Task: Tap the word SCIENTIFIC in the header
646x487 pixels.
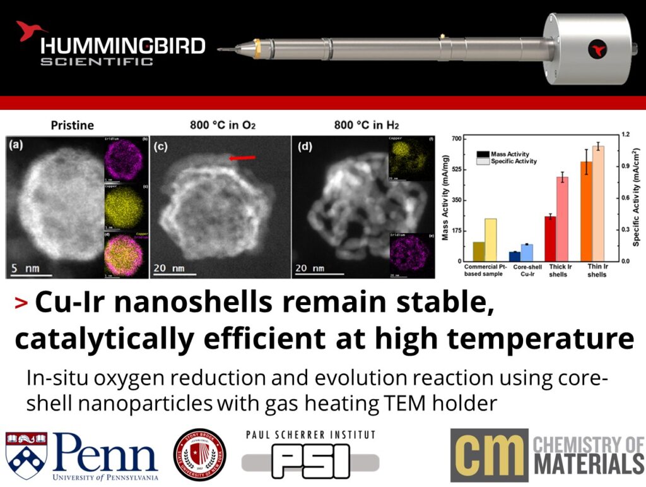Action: pyautogui.click(x=97, y=61)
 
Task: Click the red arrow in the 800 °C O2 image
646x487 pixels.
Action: pyautogui.click(x=243, y=159)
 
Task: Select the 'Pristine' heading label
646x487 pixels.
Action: pyautogui.click(x=72, y=125)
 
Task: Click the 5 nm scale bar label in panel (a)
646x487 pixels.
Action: pyautogui.click(x=26, y=268)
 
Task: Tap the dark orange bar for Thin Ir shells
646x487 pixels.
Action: pyautogui.click(x=587, y=211)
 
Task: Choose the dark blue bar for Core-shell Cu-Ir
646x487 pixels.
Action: pyautogui.click(x=515, y=256)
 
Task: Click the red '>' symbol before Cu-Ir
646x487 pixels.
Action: pyautogui.click(x=21, y=304)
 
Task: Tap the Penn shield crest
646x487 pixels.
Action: pyautogui.click(x=26, y=454)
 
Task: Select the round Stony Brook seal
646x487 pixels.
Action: pyautogui.click(x=199, y=455)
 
